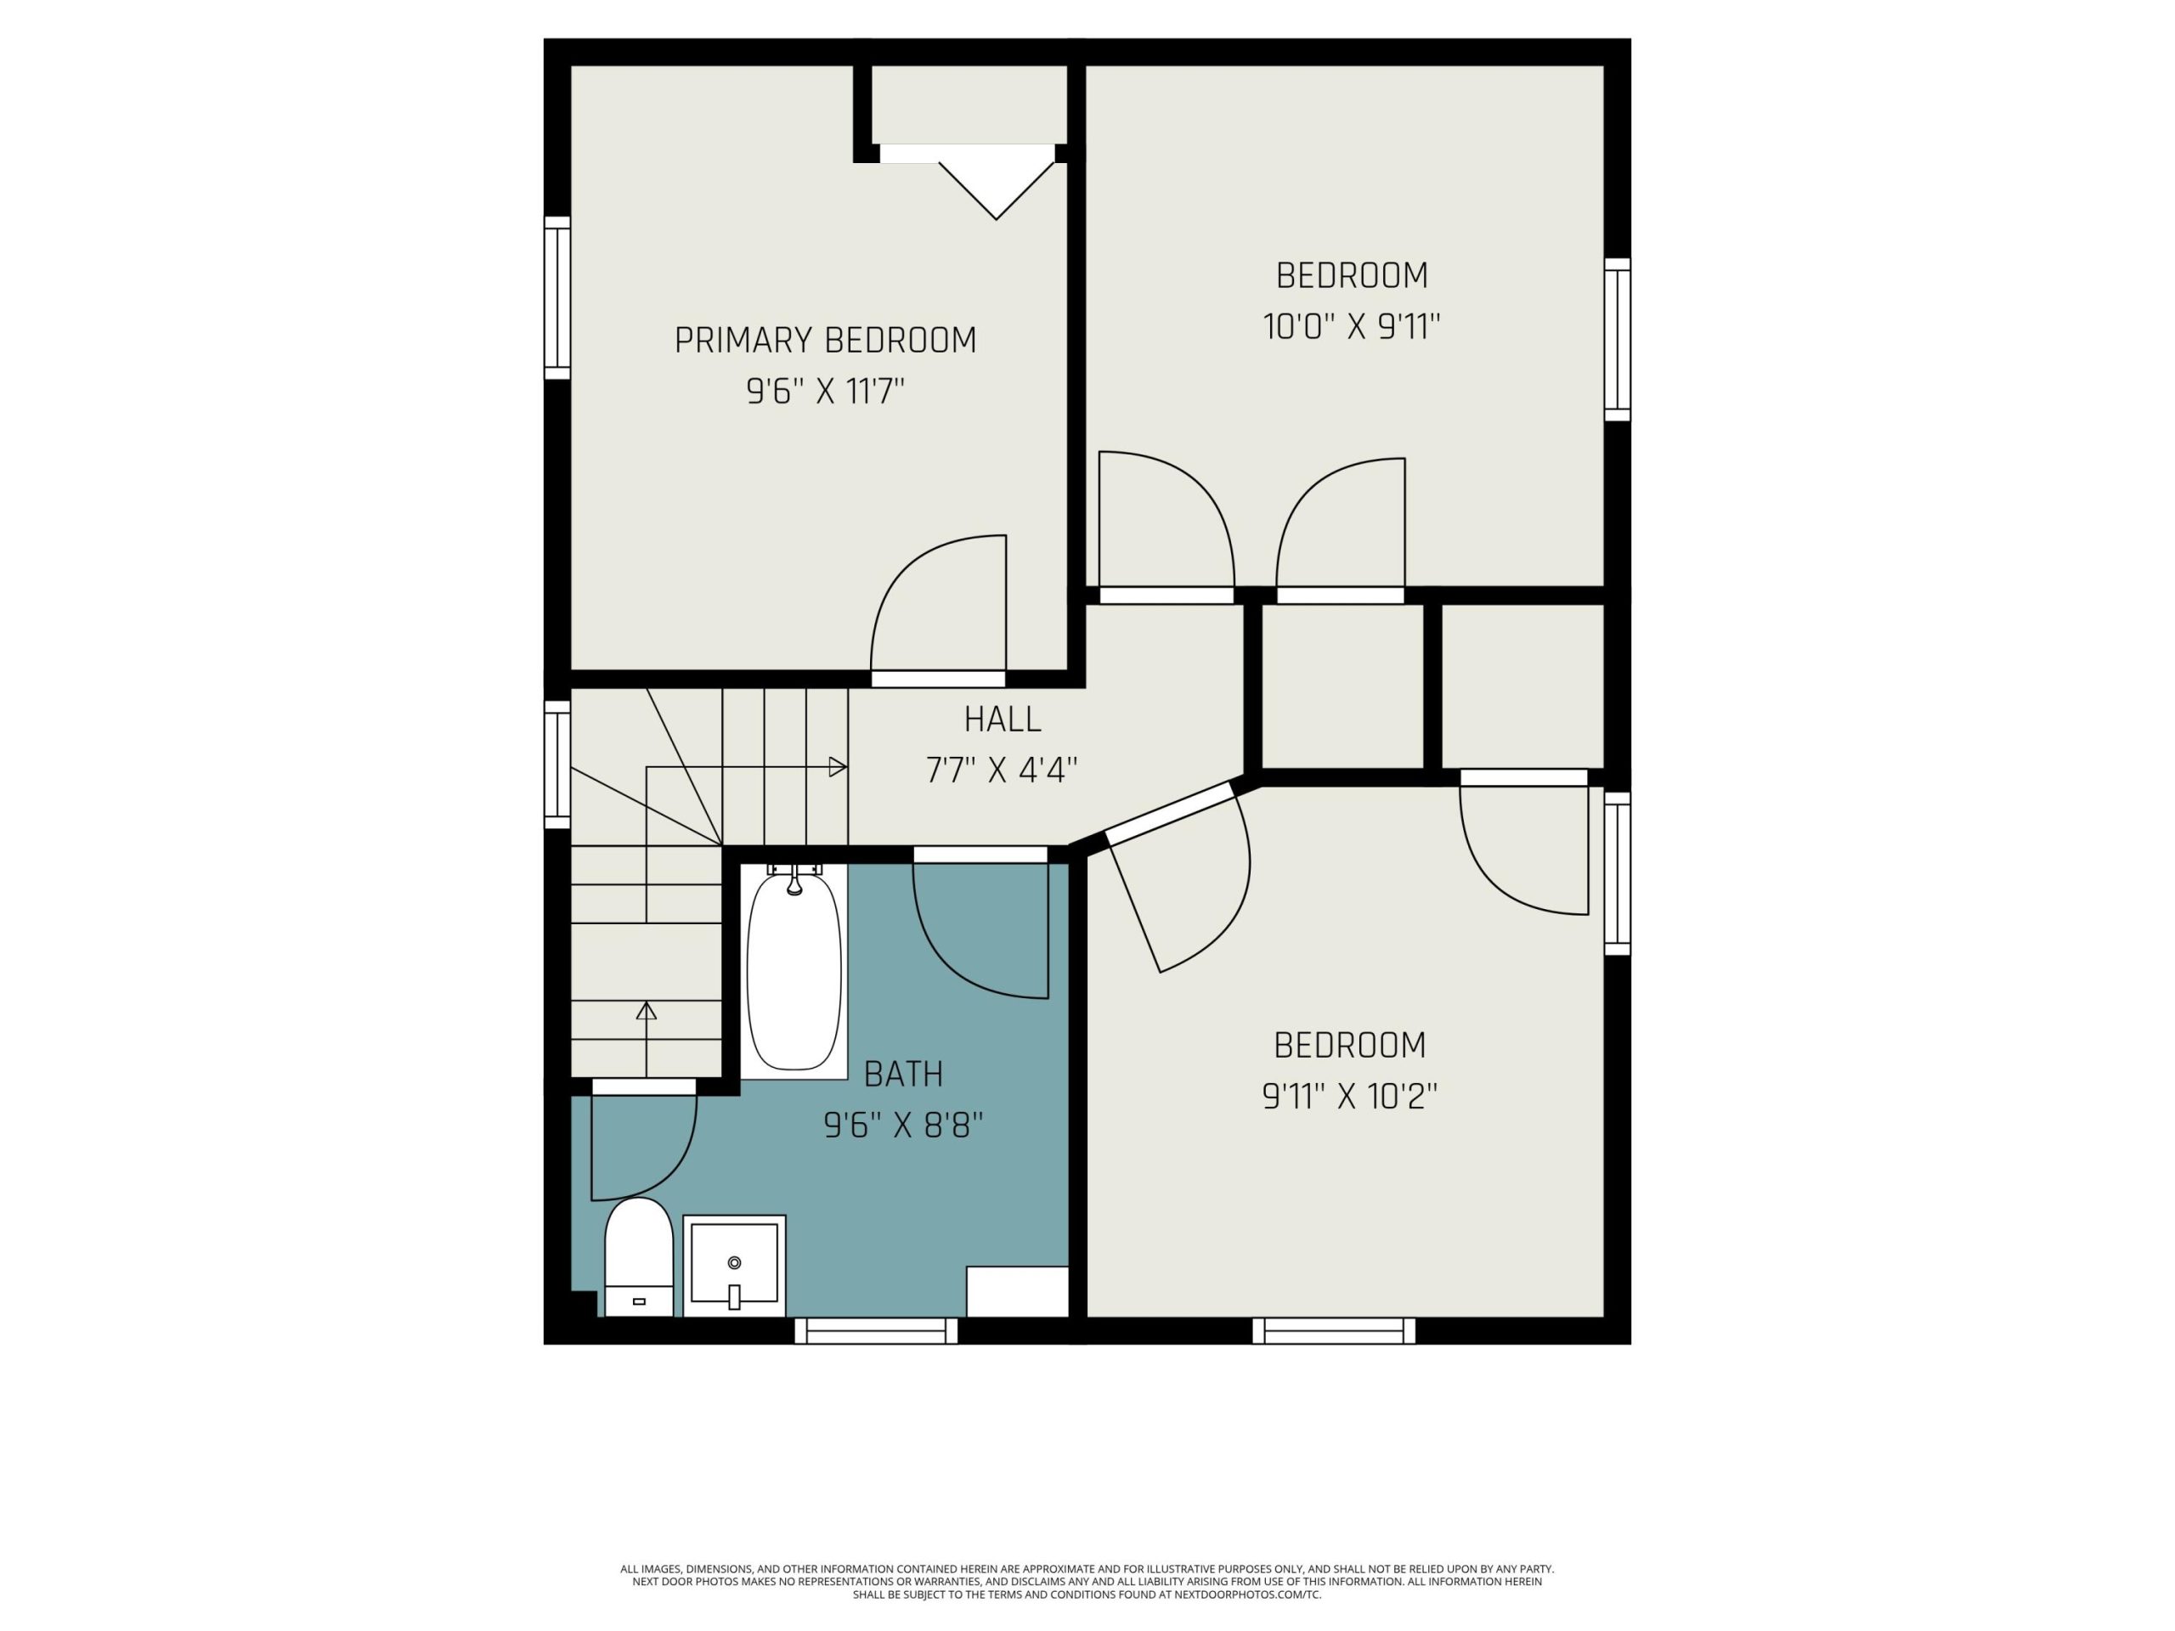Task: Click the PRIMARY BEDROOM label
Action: pos(825,340)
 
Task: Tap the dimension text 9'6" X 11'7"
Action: pos(825,392)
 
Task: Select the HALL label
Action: pos(1002,720)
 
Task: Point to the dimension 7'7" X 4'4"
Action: pos(1002,770)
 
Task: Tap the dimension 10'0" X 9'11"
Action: pos(1352,326)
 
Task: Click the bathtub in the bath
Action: pos(794,971)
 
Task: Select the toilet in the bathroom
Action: pos(638,1257)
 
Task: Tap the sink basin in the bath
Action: pos(735,1265)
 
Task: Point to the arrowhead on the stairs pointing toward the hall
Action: pos(838,767)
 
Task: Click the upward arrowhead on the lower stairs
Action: pos(646,1011)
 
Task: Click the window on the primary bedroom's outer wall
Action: pos(557,298)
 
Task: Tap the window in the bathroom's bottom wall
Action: pos(876,1331)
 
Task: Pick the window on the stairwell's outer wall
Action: pos(557,765)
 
